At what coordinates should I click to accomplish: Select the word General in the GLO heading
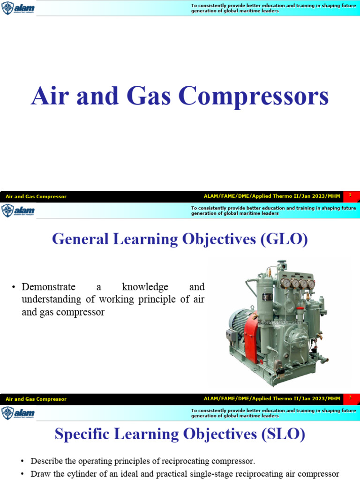tap(80, 240)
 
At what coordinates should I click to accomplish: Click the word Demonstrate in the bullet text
tap(48, 287)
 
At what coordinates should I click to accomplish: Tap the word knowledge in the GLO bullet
tap(145, 287)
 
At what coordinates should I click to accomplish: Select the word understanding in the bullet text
tap(51, 299)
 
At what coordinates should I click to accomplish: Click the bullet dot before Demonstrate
tap(15, 287)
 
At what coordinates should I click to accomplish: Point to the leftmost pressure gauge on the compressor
tap(285, 283)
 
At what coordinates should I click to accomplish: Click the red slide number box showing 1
tap(350, 195)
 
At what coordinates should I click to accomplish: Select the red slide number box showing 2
tap(350, 398)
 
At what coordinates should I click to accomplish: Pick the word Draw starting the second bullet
tap(39, 473)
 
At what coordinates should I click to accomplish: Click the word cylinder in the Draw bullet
tap(79, 473)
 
